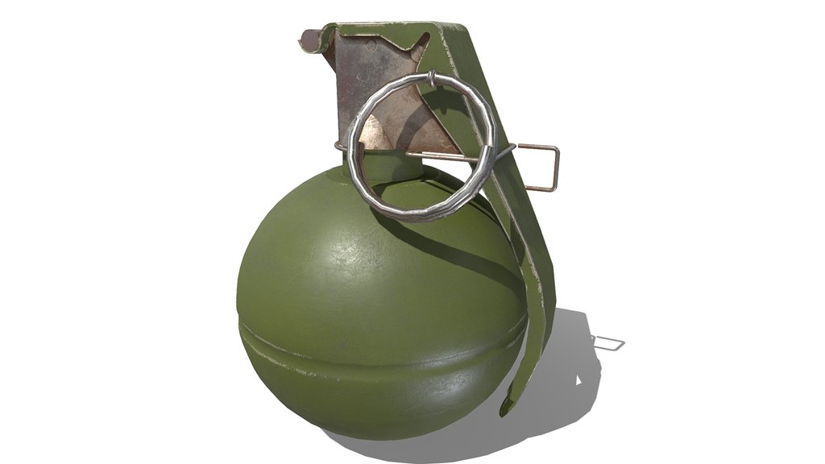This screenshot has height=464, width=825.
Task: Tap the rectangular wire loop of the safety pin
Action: (x=554, y=168)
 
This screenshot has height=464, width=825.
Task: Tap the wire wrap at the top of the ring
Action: (x=432, y=78)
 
